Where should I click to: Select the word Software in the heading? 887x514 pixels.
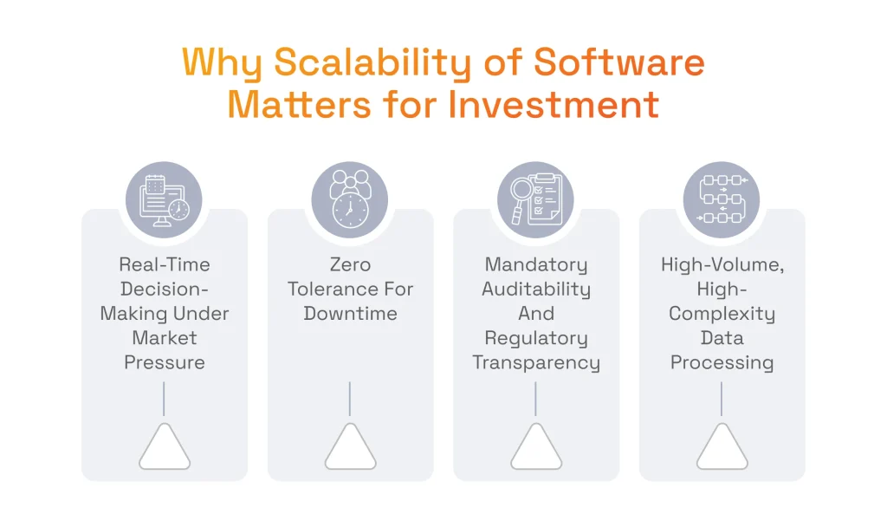click(619, 63)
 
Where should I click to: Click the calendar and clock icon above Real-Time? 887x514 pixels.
click(164, 200)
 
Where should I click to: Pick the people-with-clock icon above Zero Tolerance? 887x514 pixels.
click(350, 200)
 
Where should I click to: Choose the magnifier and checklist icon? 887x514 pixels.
click(535, 200)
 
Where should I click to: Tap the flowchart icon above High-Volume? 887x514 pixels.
click(722, 200)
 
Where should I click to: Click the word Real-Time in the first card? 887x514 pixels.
click(164, 264)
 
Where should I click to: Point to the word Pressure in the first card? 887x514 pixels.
click(164, 362)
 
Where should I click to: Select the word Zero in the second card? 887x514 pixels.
click(350, 264)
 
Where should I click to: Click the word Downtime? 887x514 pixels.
click(350, 313)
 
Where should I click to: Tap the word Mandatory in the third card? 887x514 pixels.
click(535, 264)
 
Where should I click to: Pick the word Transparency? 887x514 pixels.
click(535, 362)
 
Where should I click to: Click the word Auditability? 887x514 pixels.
click(535, 289)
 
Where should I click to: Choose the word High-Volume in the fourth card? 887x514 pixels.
click(722, 264)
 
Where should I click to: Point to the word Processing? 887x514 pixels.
click(722, 362)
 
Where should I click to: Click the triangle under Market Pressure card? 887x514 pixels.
click(164, 450)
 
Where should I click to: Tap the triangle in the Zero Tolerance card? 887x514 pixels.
click(350, 450)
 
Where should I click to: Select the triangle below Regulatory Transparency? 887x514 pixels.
click(535, 450)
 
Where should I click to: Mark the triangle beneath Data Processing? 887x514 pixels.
click(722, 450)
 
